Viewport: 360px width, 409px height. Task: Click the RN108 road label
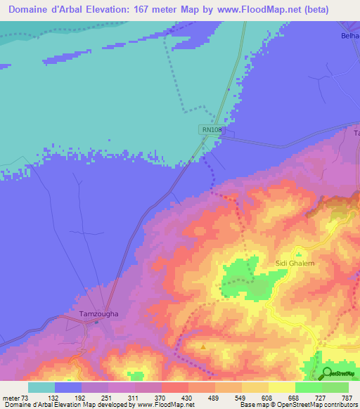212,129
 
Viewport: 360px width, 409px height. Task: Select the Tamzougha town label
98,314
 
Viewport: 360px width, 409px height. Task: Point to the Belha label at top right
349,35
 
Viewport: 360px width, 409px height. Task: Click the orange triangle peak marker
203,346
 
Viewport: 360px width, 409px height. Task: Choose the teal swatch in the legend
41,387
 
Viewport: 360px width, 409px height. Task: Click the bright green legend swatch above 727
308,387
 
